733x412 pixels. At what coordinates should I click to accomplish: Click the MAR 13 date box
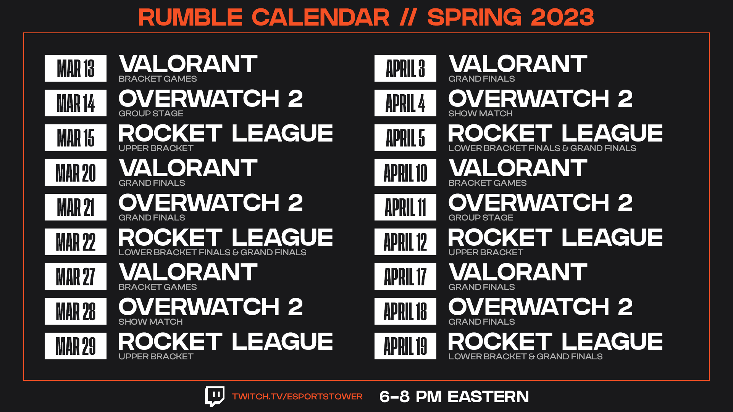[76, 68]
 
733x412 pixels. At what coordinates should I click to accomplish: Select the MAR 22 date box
[76, 242]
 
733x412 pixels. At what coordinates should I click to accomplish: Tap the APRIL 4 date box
[405, 103]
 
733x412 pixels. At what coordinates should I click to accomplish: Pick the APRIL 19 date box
[405, 346]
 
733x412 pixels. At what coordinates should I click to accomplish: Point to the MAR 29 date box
[76, 346]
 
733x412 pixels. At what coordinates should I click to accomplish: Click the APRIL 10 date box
[405, 172]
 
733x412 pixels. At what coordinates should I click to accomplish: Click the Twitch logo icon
[215, 396]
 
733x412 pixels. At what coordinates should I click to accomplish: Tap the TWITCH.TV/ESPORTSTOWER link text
[297, 397]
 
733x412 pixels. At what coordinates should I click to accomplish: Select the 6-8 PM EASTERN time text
[454, 397]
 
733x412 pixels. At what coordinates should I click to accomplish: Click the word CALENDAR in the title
[321, 17]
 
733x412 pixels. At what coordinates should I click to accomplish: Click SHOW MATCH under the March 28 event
[150, 322]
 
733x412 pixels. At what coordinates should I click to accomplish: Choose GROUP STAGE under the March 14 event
[151, 113]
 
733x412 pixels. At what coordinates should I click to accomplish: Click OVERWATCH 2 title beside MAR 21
[211, 203]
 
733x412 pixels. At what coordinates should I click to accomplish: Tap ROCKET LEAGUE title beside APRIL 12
[555, 237]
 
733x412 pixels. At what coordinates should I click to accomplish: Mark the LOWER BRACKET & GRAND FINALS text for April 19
[525, 356]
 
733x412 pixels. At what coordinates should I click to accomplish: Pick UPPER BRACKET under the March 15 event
[156, 148]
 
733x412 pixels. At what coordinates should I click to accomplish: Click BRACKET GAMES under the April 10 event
[488, 183]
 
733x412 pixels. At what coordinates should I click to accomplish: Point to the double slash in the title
[408, 17]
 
